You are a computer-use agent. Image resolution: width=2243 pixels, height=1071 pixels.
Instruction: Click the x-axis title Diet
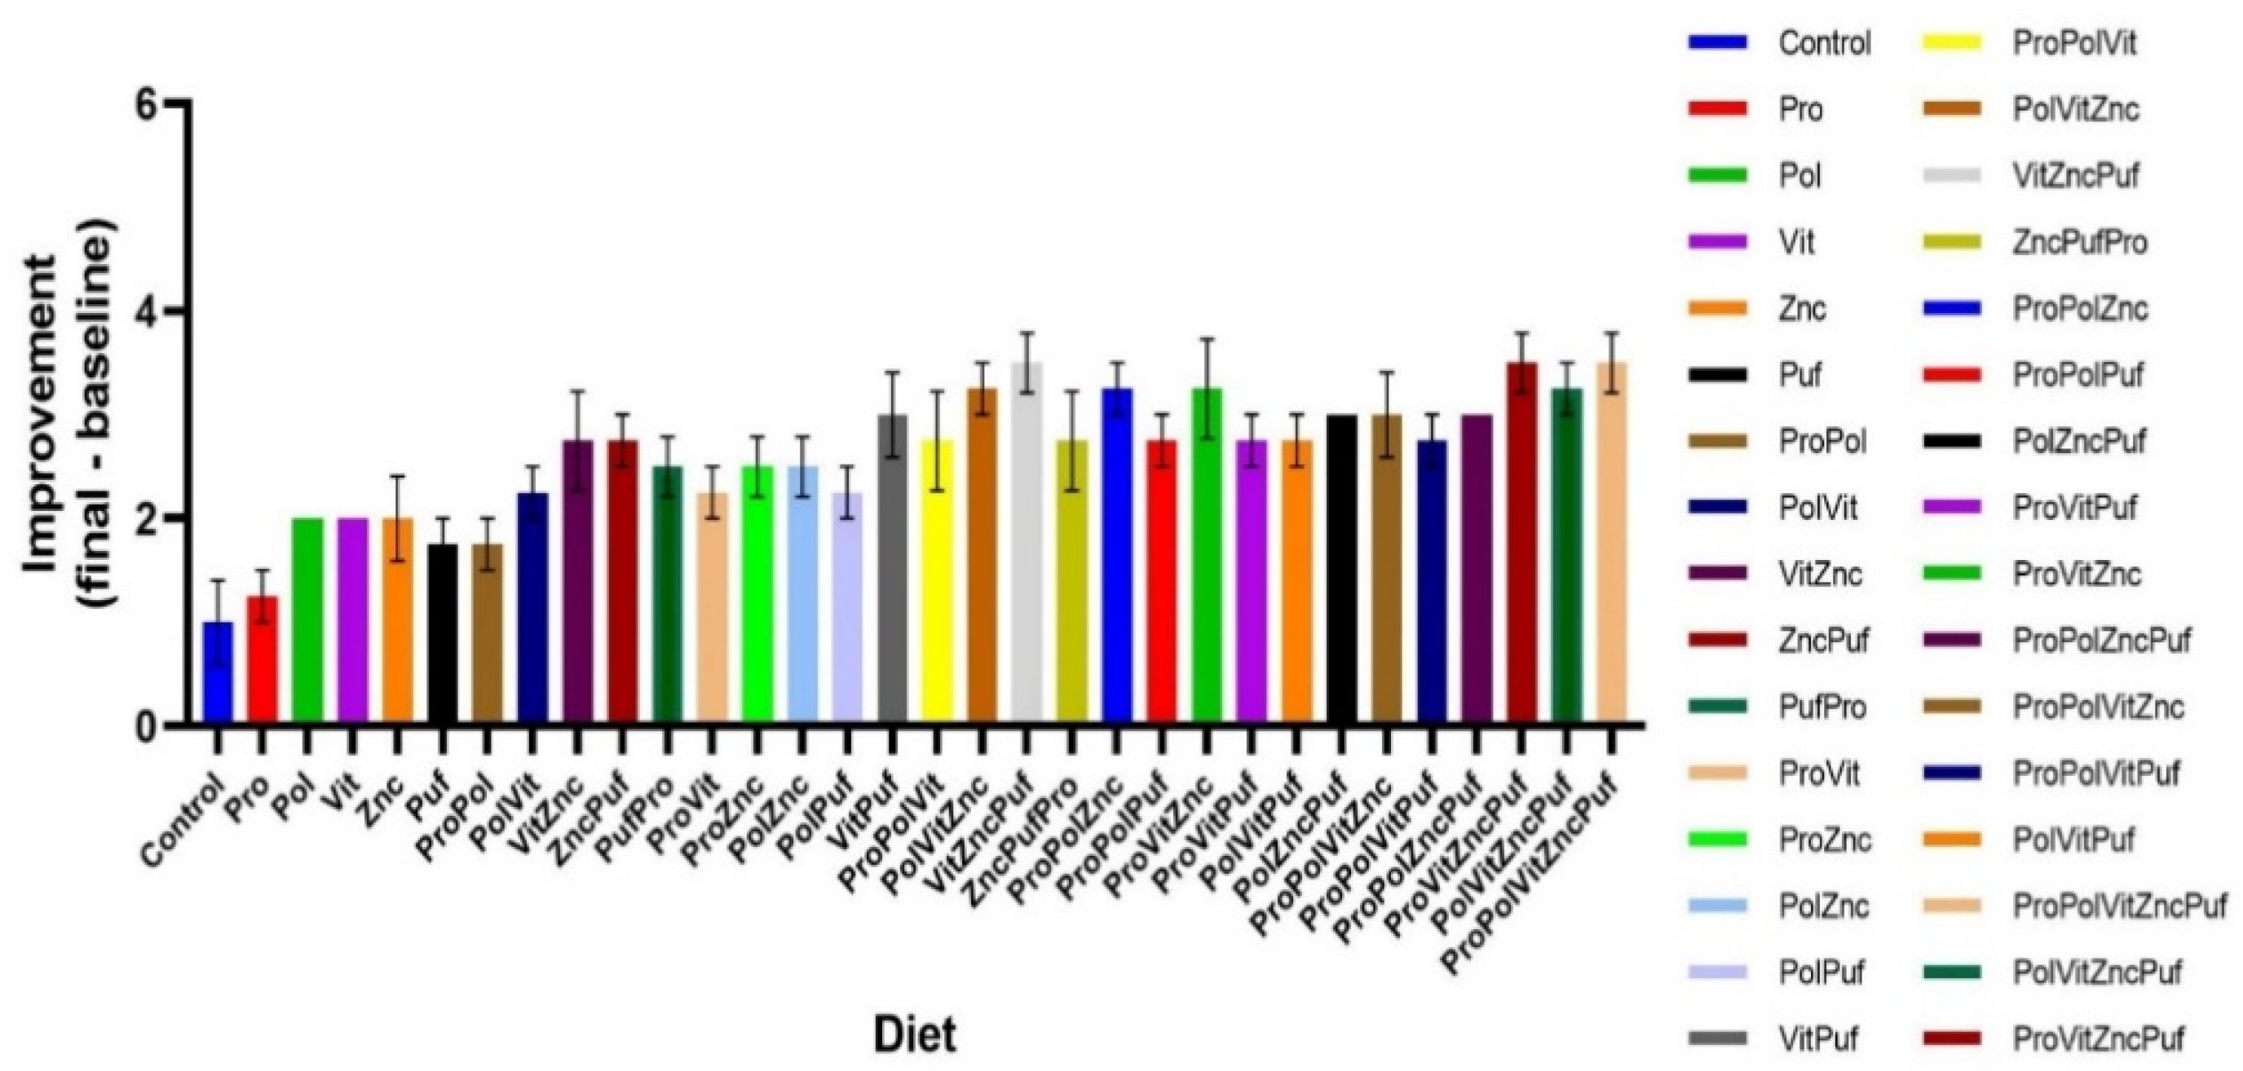914,1035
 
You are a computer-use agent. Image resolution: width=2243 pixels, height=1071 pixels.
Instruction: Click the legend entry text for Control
1824,43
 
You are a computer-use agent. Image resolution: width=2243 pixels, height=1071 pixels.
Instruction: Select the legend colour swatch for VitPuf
1716,1038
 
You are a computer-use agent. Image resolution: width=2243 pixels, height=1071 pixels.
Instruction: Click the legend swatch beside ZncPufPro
1950,243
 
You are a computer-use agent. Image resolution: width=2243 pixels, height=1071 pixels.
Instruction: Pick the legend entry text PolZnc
1823,906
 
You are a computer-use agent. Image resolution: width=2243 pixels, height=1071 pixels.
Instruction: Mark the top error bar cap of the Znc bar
397,476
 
